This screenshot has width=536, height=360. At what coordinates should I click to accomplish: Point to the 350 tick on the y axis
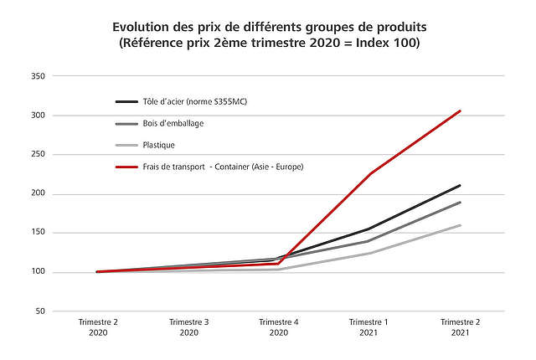click(x=37, y=76)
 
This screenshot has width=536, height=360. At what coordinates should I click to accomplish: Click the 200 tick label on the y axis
click(x=37, y=194)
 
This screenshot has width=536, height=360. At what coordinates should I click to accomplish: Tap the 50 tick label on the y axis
click(x=39, y=311)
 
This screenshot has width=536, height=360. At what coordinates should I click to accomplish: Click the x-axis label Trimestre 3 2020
click(x=188, y=327)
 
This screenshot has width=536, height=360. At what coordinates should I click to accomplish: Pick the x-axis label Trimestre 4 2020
click(x=279, y=327)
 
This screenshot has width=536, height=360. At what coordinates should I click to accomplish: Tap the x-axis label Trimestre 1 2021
click(x=370, y=327)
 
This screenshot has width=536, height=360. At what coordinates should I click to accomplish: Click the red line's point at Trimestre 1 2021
click(x=370, y=174)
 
